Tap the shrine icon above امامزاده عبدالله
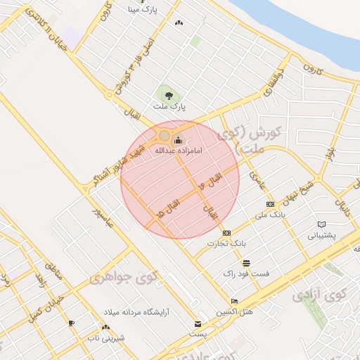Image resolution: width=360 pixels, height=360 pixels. tap(177, 139)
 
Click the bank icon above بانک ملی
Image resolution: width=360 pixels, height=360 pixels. tap(271, 204)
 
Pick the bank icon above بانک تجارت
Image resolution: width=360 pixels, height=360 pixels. tap(226, 233)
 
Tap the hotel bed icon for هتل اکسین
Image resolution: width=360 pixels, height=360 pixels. tap(234, 301)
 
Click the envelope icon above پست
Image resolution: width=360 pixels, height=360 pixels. tap(198, 324)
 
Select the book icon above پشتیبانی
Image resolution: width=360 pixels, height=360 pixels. tap(322, 224)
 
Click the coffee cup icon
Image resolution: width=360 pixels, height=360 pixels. tap(71, 323)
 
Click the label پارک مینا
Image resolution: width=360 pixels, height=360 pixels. tap(143, 10)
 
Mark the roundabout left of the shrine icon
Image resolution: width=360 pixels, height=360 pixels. tap(164, 135)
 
